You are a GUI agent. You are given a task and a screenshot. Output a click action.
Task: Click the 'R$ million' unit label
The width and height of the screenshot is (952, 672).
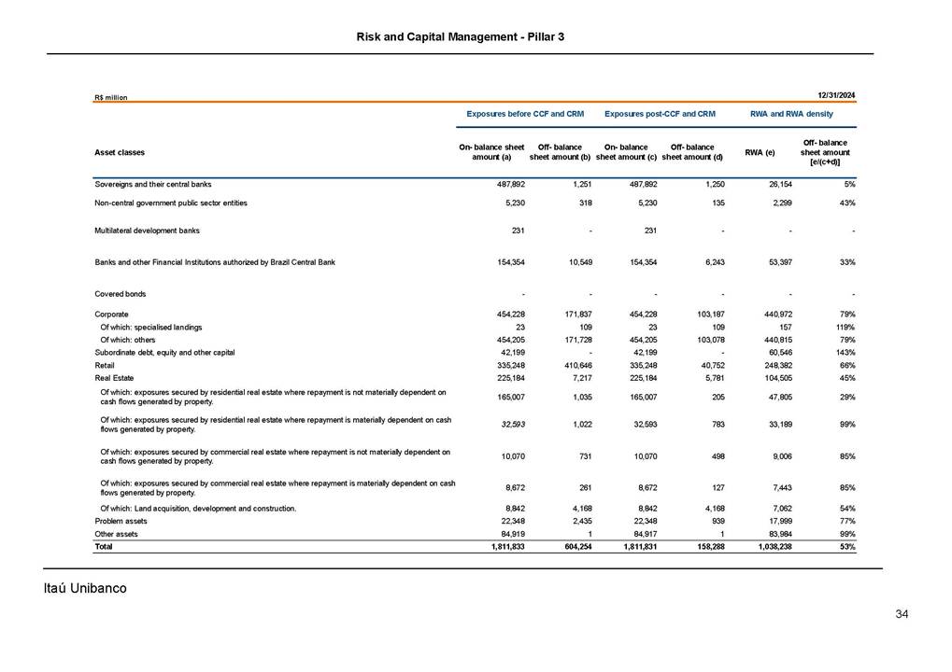pyautogui.click(x=110, y=97)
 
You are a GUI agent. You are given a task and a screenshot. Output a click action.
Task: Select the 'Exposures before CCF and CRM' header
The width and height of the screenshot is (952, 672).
pyautogui.click(x=524, y=114)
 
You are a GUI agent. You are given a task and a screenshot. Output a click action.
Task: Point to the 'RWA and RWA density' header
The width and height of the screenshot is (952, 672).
pyautogui.click(x=791, y=114)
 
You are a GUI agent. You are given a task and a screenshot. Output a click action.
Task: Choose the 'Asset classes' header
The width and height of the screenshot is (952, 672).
pyautogui.click(x=120, y=152)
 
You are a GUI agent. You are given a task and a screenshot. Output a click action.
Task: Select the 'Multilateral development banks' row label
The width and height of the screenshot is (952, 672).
pyautogui.click(x=147, y=230)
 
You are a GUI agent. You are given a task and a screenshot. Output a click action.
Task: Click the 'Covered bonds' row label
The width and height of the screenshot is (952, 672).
pyautogui.click(x=119, y=294)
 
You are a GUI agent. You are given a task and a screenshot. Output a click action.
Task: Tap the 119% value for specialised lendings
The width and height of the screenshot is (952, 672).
pyautogui.click(x=845, y=328)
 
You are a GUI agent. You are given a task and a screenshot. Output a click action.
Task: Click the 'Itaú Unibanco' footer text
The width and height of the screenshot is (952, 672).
pyautogui.click(x=85, y=588)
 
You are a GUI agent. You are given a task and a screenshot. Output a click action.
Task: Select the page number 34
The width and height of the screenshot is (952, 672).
pyautogui.click(x=902, y=614)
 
